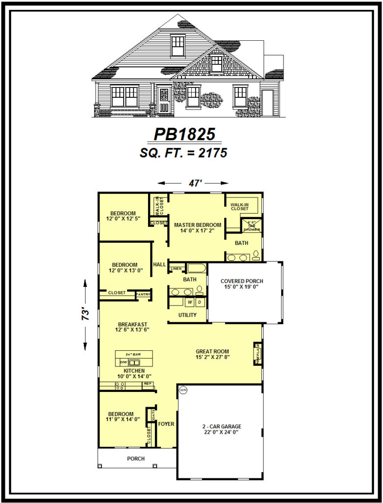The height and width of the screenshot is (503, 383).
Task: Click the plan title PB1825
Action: click(x=185, y=134)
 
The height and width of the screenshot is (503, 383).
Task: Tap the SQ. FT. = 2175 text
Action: click(x=183, y=153)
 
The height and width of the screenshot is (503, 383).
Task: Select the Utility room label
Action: click(x=187, y=315)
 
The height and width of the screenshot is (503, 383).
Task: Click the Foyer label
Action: click(x=166, y=424)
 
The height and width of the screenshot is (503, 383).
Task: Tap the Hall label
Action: click(x=159, y=264)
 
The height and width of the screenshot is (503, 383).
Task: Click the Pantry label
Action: click(x=143, y=294)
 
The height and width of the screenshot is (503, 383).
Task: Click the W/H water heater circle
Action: click(x=183, y=391)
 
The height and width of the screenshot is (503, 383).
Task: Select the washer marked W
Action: click(x=190, y=302)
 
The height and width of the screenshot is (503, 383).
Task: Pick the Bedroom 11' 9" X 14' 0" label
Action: click(x=121, y=417)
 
